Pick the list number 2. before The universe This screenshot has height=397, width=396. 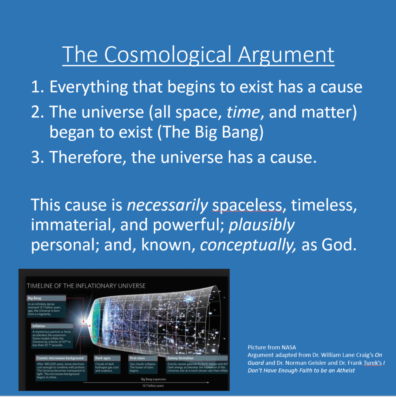[38, 112]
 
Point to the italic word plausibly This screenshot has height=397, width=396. [262, 225]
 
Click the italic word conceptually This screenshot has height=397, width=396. [248, 245]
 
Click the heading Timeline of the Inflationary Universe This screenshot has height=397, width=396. [86, 286]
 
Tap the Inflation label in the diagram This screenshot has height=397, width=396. [39, 326]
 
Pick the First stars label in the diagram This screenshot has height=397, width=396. [137, 358]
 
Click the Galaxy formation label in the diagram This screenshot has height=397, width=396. [181, 358]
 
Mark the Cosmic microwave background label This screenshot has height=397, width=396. [60, 358]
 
